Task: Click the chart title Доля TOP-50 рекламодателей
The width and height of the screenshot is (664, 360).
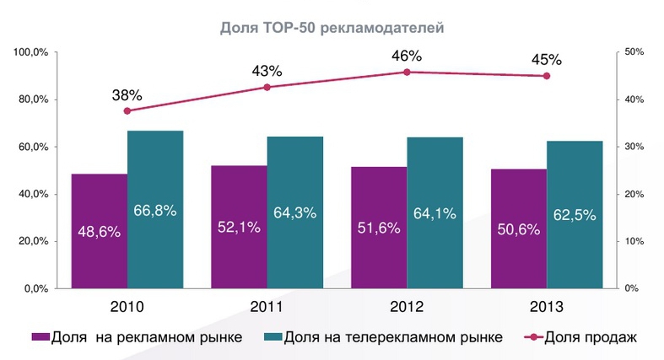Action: [x=332, y=28]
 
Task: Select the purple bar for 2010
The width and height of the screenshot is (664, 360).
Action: [x=100, y=231]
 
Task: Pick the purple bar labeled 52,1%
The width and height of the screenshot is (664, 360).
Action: [x=239, y=227]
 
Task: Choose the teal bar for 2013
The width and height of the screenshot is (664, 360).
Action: [x=574, y=214]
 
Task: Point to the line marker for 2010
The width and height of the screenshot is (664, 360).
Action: [x=127, y=111]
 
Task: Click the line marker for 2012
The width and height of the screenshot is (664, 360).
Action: [x=407, y=73]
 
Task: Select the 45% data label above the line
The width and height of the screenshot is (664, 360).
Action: [x=547, y=60]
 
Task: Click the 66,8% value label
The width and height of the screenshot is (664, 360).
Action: [x=155, y=211]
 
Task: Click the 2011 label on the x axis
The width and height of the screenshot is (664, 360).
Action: [x=267, y=307]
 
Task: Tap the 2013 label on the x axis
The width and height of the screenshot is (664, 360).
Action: [x=546, y=307]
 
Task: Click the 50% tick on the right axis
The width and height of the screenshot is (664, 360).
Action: [x=633, y=53]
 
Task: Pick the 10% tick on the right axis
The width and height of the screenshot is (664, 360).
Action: [x=633, y=242]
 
